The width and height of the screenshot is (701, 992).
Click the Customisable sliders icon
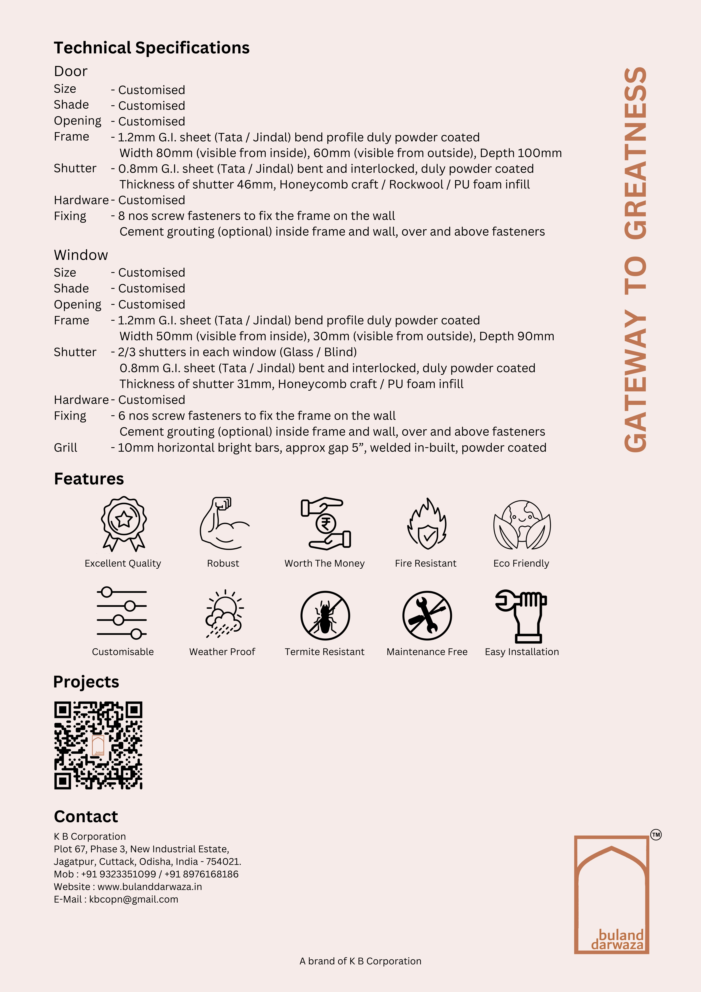pos(122,613)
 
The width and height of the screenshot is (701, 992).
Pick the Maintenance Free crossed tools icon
pos(427,615)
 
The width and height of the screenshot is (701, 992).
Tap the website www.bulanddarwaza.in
pos(149,887)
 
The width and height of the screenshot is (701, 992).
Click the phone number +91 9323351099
pos(118,874)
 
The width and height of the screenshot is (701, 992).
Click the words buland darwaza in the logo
pos(618,940)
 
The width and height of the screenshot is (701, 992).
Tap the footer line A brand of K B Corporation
pos(360,961)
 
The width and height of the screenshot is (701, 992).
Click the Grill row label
pos(66,448)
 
